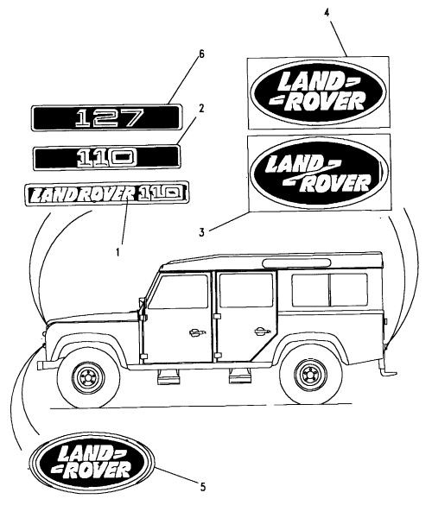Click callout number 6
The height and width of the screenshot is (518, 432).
[200, 54]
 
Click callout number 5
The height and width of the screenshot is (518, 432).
[202, 488]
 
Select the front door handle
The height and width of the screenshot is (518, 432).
[190, 331]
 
